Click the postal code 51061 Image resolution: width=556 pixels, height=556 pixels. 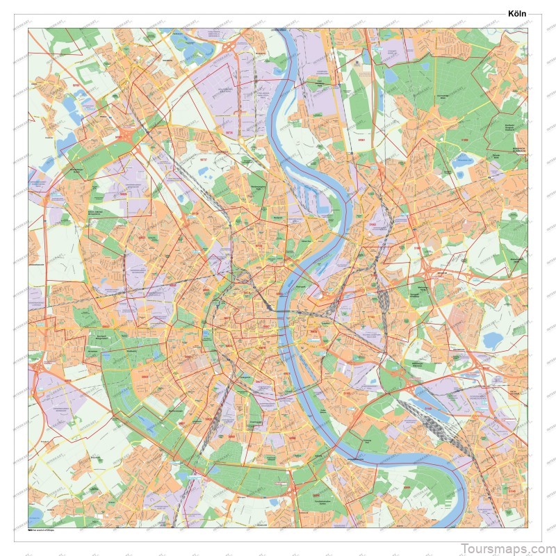click(x=361, y=140)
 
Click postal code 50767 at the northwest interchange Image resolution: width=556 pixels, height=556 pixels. click(x=119, y=137)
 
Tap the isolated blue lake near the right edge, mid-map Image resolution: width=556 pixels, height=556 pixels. click(x=493, y=340)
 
